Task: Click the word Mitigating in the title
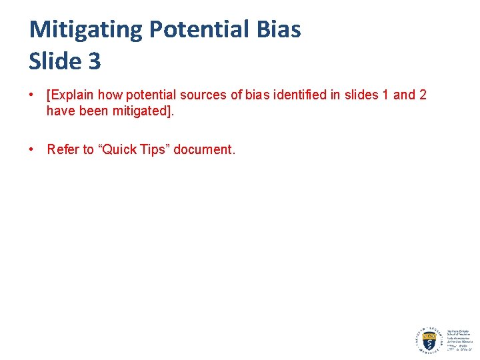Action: pos(86,29)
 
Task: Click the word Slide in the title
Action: pos(53,61)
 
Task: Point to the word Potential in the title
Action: pos(197,29)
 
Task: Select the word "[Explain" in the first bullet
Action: pos(70,95)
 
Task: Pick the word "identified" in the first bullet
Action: pos(302,95)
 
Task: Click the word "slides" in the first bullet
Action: pos(361,95)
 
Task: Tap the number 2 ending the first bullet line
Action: pos(423,95)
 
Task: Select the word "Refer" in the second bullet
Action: pos(63,149)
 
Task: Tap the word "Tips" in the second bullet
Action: pos(154,149)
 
